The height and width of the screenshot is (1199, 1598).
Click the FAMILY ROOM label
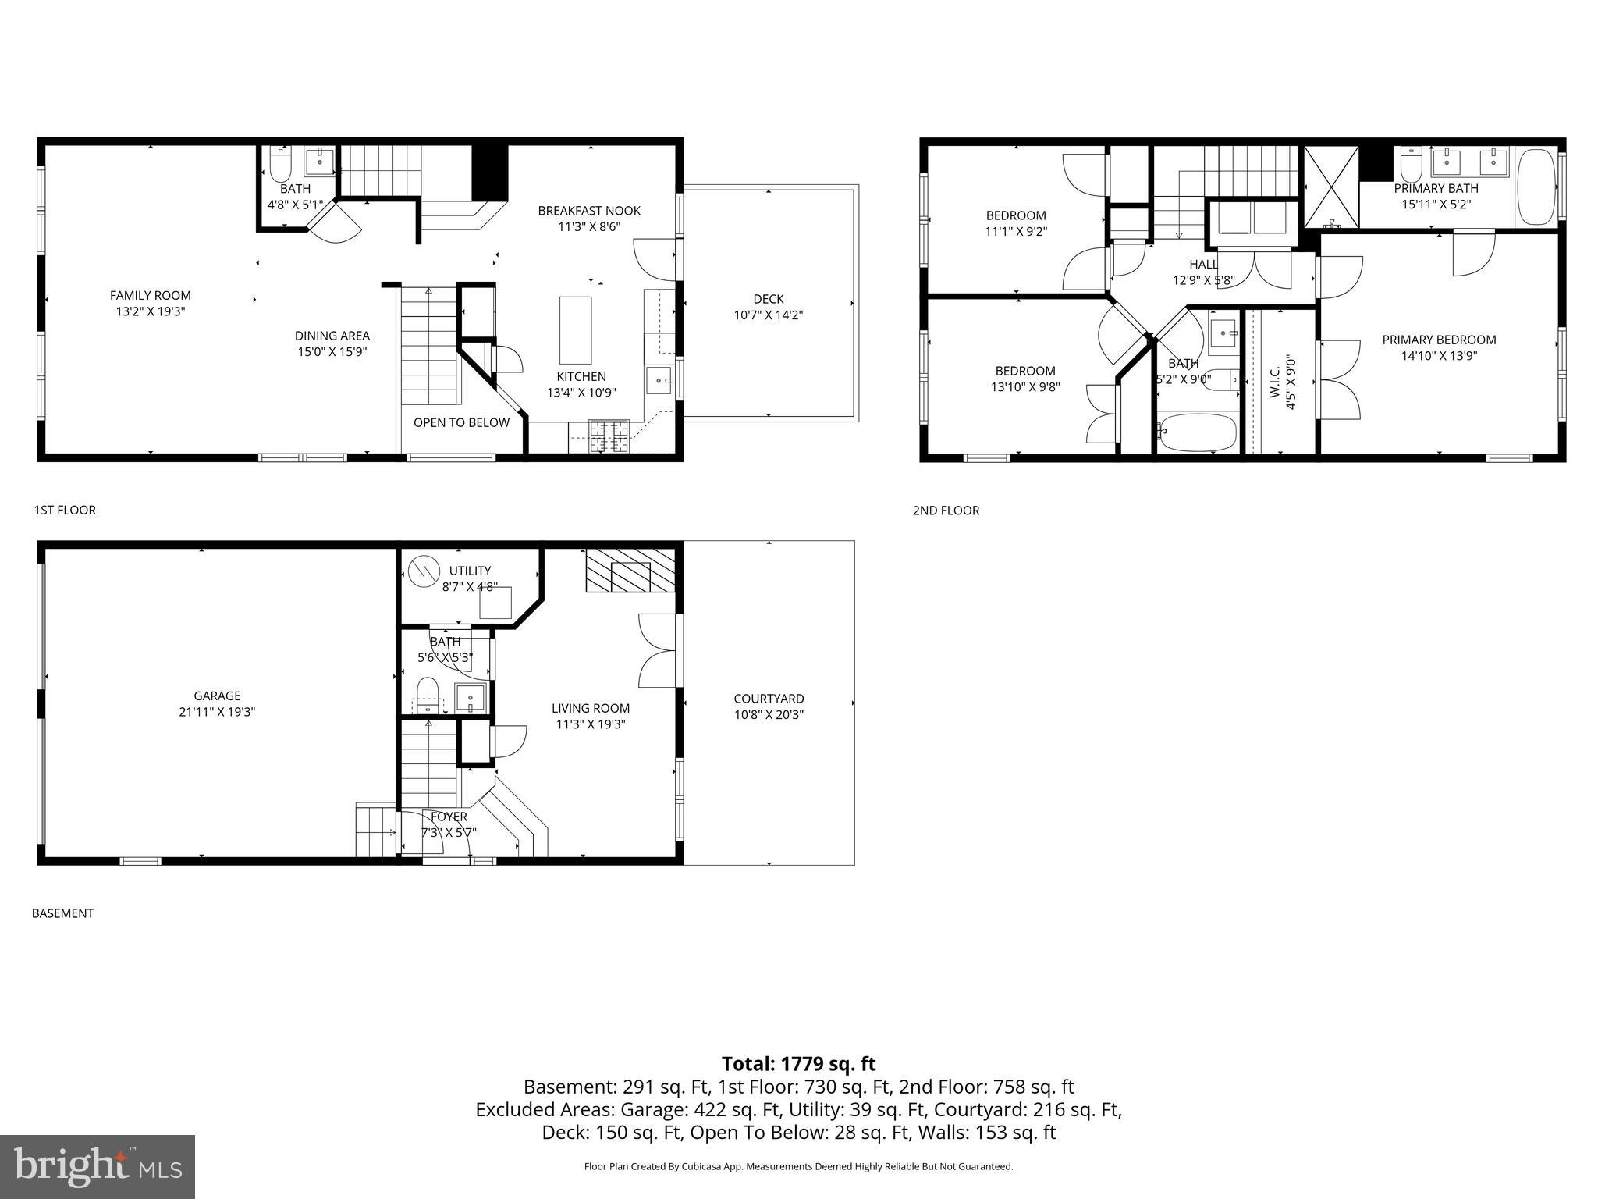pyautogui.click(x=150, y=295)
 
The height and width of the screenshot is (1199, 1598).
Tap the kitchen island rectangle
pyautogui.click(x=576, y=330)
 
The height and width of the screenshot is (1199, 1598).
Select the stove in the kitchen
pyautogui.click(x=608, y=436)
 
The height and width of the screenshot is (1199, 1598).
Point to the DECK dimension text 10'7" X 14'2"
pyautogui.click(x=768, y=315)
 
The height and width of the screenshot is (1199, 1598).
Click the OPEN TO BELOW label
pyautogui.click(x=461, y=422)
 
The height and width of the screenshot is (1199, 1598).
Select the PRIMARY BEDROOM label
pyautogui.click(x=1439, y=340)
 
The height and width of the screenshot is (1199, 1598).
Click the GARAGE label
pyautogui.click(x=217, y=696)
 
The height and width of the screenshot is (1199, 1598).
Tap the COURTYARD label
pyautogui.click(x=769, y=699)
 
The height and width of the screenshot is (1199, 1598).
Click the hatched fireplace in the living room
pyautogui.click(x=629, y=571)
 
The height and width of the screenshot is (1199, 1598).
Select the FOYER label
pyautogui.click(x=449, y=817)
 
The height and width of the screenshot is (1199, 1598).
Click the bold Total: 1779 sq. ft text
pyautogui.click(x=798, y=1064)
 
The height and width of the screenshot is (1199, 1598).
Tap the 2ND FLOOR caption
pyautogui.click(x=946, y=511)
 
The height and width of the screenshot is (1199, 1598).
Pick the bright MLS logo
pyautogui.click(x=98, y=1166)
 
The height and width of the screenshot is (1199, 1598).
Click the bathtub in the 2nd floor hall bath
pyautogui.click(x=1197, y=432)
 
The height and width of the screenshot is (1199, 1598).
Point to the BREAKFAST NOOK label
pyautogui.click(x=589, y=211)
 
